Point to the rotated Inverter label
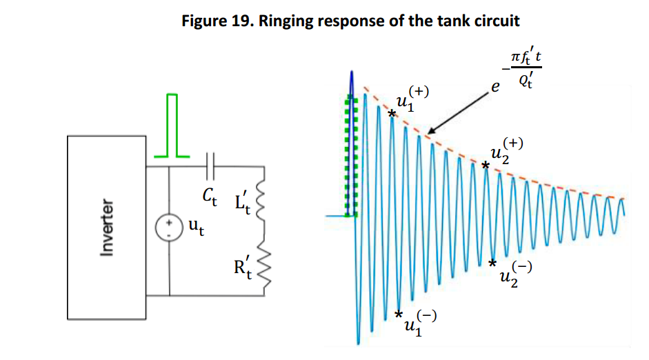tap(107, 227)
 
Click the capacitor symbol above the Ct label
tap(210, 166)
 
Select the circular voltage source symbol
tap(169, 228)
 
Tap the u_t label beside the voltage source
tap(196, 227)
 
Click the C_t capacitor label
tap(210, 196)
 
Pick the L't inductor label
tap(243, 203)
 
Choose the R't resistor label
tap(243, 268)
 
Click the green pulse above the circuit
tap(172, 126)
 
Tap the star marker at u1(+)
tap(392, 113)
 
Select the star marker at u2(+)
tap(485, 166)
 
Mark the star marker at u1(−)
tap(398, 314)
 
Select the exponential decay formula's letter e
tap(495, 87)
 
